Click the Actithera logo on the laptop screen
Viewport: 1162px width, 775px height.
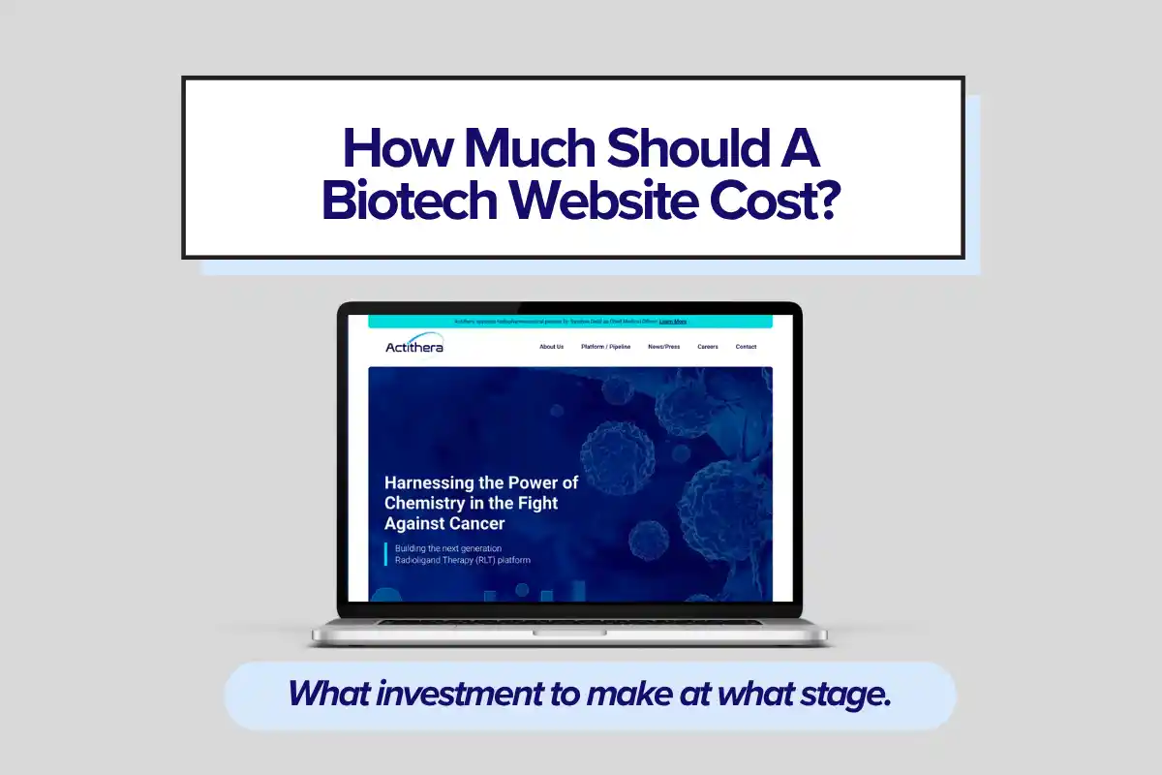(414, 346)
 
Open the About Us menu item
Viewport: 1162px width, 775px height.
(551, 347)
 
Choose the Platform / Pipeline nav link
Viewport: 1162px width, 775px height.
(605, 347)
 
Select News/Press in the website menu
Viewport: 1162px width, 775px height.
(663, 347)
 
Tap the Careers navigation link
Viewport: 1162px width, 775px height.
(708, 347)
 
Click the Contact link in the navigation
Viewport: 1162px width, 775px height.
(746, 347)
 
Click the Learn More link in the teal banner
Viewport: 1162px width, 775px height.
(673, 321)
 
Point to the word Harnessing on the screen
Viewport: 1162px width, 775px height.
(430, 482)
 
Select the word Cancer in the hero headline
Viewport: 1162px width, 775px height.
(478, 523)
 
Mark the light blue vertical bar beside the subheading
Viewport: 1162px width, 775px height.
(386, 554)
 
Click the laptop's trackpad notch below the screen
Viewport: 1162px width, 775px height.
(570, 632)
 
